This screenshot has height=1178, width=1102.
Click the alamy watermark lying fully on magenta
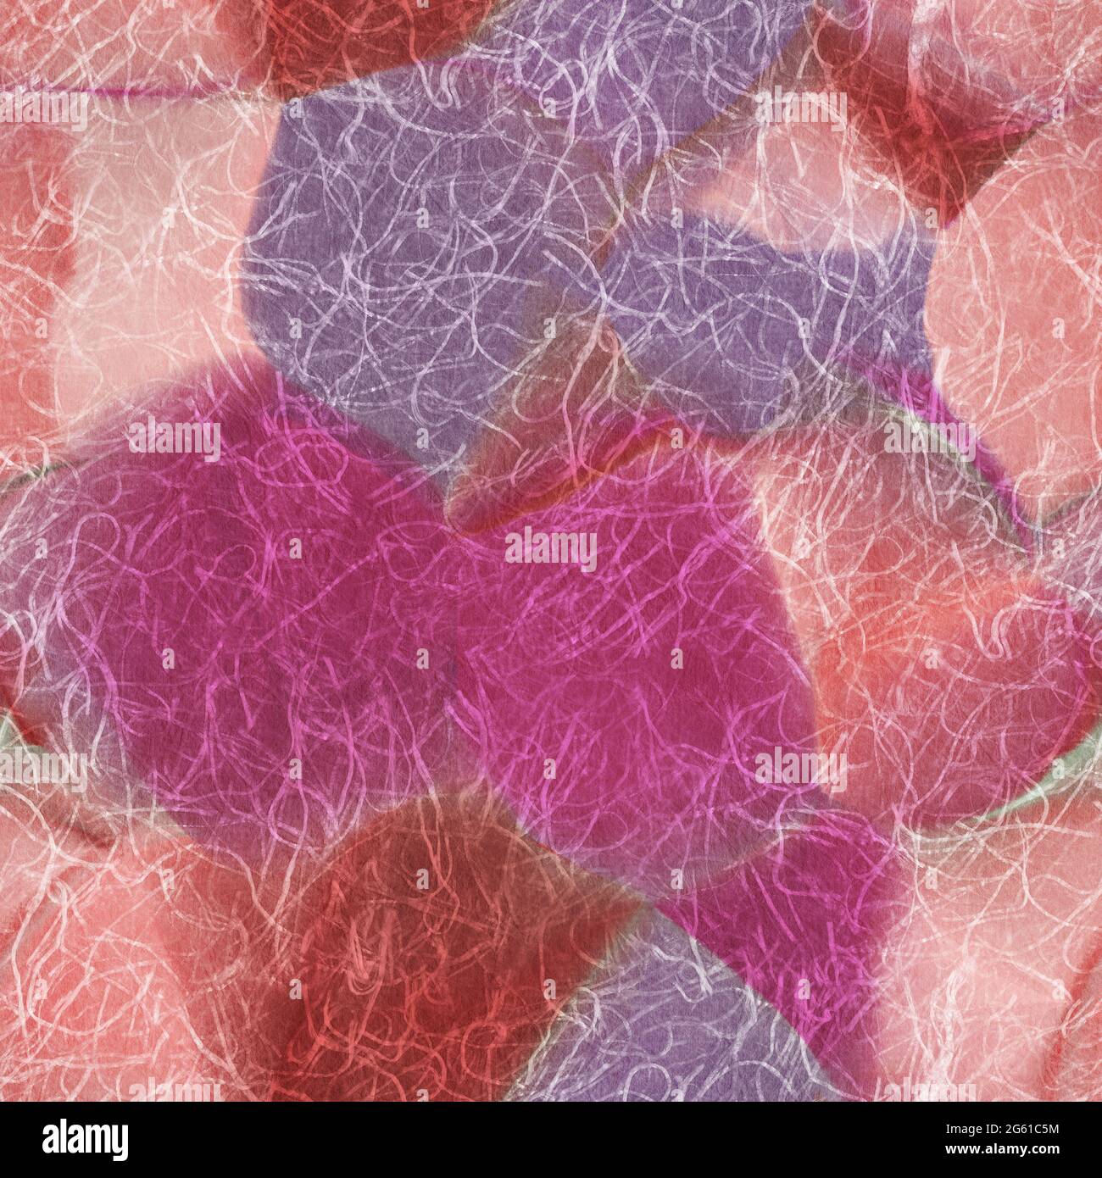(551, 547)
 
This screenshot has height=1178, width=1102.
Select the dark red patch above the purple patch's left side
(339, 42)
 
